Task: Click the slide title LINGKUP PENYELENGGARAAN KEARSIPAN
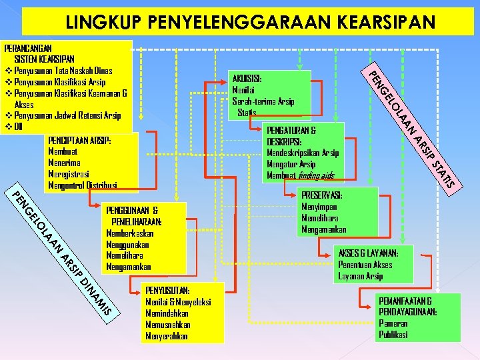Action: [250, 21]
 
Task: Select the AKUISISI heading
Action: [247, 79]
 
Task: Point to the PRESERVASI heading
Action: [322, 195]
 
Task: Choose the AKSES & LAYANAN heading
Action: [369, 253]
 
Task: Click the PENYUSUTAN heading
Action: [167, 290]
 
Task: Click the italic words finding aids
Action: [316, 175]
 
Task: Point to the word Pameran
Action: [393, 323]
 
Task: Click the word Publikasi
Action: [393, 335]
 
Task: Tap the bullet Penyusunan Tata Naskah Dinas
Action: [63, 71]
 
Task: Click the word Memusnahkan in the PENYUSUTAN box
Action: [167, 325]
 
